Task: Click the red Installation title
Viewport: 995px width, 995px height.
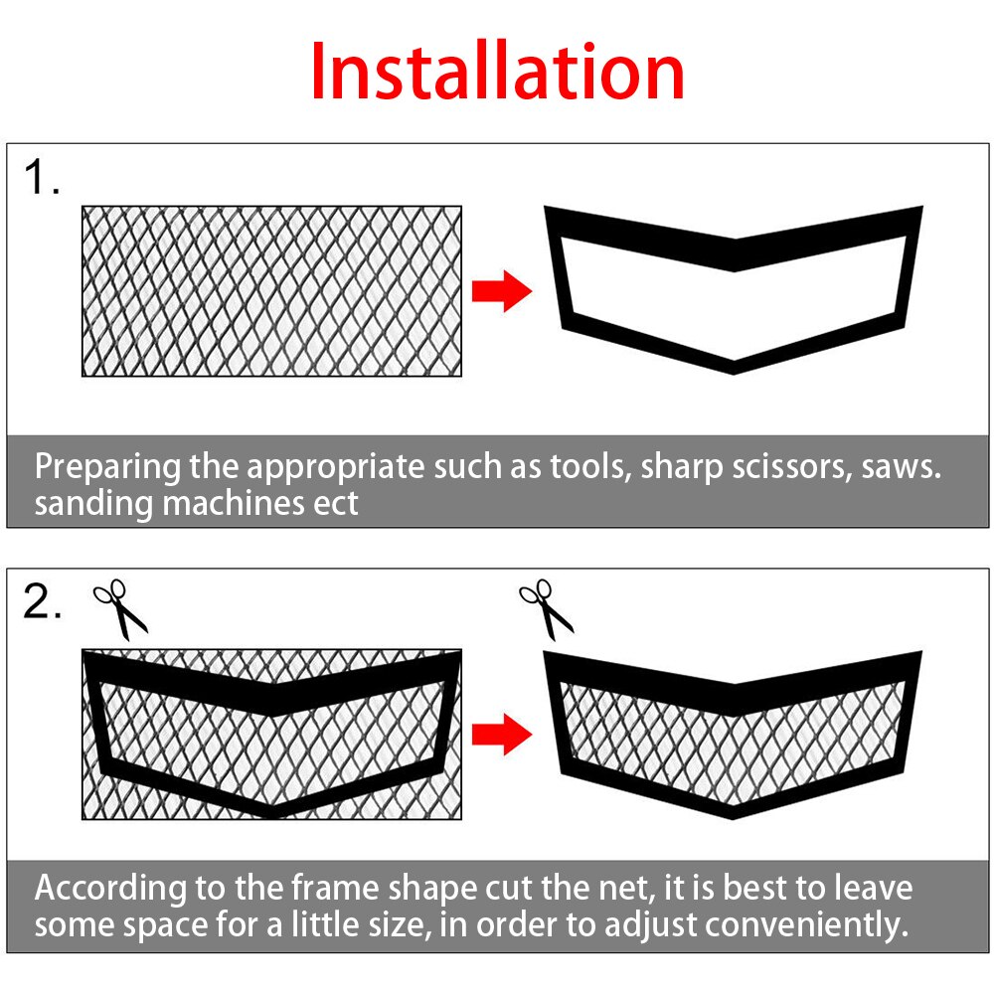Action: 497,72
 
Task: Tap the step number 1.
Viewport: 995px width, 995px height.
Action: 42,178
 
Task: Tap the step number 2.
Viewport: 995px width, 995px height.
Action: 42,602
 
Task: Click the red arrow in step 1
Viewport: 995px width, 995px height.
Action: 501,291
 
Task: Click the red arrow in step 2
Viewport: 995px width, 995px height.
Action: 501,735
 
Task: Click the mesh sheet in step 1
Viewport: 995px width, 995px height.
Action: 271,290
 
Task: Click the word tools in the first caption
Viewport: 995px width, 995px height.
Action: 588,467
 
